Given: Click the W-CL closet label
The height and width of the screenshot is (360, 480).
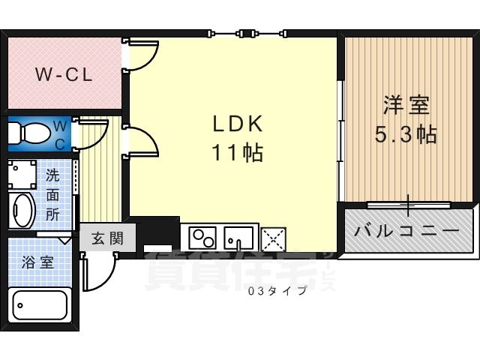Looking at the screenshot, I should pos(63,74).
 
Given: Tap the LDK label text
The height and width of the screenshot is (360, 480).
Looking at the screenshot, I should pos(236,123).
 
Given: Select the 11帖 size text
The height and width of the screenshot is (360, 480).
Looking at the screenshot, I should pos(236,153).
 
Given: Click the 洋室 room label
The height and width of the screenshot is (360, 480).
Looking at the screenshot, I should pos(407,105).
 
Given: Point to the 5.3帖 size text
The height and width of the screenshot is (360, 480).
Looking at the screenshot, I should pos(406,135).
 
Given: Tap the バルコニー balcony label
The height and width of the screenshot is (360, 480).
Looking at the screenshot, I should pos(407,230).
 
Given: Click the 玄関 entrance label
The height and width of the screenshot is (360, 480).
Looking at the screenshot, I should pos(107,239).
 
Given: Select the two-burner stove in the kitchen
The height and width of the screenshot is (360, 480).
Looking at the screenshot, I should pos(201,238).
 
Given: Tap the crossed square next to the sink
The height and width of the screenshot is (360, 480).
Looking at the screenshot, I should pos(272,239).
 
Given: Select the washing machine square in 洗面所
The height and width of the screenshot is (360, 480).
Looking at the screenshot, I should pos(23,175).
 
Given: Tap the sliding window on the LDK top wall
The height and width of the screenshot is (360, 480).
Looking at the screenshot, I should pos(247,33).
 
